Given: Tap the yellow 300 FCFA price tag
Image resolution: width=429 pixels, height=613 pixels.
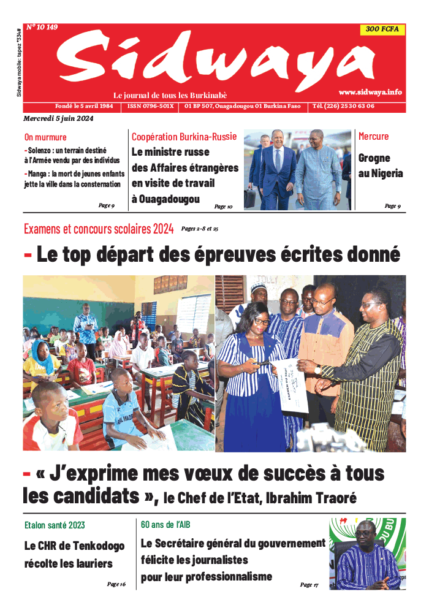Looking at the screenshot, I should click(x=382, y=29).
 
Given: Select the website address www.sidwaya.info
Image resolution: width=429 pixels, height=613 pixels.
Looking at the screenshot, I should click(x=370, y=91).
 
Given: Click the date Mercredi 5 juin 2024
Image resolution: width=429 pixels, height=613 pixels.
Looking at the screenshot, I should click(x=58, y=118).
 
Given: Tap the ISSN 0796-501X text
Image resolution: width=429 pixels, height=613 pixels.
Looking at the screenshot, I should click(x=151, y=106).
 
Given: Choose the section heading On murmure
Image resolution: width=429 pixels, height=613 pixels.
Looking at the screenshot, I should click(x=45, y=137).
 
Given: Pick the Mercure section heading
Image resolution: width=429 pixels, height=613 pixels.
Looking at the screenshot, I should click(x=373, y=136).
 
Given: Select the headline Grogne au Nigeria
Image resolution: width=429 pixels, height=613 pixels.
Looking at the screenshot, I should click(x=380, y=166).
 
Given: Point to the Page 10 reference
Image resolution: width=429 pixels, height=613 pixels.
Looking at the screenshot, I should click(x=223, y=207).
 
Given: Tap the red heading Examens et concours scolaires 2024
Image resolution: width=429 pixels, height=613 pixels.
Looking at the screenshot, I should click(x=99, y=230).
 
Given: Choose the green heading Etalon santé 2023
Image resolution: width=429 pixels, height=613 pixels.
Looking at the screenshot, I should click(x=55, y=525).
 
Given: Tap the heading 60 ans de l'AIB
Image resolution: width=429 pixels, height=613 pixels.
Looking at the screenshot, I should click(x=165, y=525).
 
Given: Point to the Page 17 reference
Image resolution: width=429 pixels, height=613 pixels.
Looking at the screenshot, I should click(x=309, y=585).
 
